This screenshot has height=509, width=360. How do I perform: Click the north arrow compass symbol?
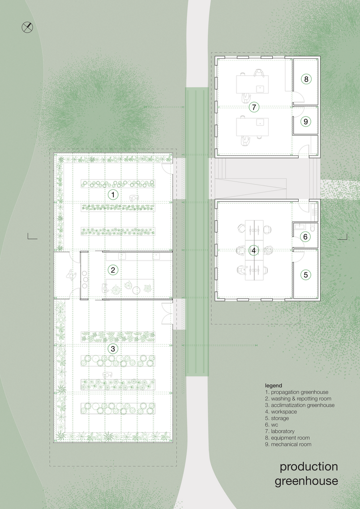coord(27,27)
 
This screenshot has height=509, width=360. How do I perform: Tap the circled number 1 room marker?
coord(113,195)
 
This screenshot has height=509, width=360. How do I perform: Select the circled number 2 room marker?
coord(113,270)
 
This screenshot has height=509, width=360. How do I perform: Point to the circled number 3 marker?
coord(113,349)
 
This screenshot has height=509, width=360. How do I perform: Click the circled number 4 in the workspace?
coord(254,250)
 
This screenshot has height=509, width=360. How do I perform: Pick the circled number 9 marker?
coord(306,121)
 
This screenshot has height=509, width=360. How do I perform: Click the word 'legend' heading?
coord(274,385)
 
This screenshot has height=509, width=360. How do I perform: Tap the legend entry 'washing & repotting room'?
coord(298,398)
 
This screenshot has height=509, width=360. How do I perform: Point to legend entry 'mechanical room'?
coord(288,445)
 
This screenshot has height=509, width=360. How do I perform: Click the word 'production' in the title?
coord(309,467)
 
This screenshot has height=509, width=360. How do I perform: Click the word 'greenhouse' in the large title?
coord(306,481)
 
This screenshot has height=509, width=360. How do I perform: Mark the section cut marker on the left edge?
coord(32,236)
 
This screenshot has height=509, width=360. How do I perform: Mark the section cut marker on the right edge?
coord(342,236)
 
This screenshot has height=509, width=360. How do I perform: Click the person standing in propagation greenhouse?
coord(133,198)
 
